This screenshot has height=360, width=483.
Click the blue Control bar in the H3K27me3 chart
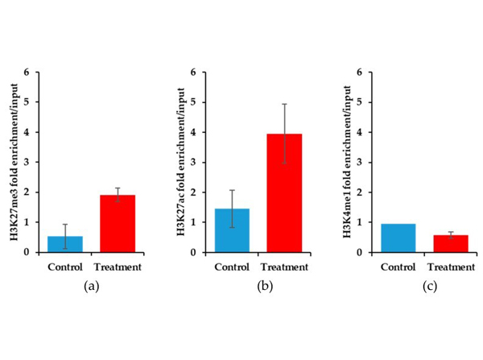(x=65, y=244)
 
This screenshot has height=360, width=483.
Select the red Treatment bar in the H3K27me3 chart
(x=118, y=224)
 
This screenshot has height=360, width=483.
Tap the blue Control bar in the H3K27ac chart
(x=232, y=230)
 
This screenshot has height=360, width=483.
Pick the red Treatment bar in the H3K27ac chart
(x=284, y=193)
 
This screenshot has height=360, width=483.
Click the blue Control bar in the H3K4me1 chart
(x=398, y=238)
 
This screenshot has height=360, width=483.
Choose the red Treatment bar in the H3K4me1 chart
(x=451, y=244)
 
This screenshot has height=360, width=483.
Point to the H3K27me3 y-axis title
(x=14, y=162)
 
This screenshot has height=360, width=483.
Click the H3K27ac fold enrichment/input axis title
(x=181, y=162)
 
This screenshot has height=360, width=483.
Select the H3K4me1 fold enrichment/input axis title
(x=348, y=162)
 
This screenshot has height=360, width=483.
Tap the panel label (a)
(x=92, y=287)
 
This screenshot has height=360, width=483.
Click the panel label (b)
(x=265, y=287)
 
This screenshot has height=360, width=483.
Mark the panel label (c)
(x=430, y=287)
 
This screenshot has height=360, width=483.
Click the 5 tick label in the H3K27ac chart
(x=193, y=102)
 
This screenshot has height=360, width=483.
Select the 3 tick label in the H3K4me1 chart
(x=360, y=163)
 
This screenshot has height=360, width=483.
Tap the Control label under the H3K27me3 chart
(x=65, y=267)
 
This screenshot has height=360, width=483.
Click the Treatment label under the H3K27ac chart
(x=284, y=267)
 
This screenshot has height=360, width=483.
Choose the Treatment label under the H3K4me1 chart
(x=451, y=267)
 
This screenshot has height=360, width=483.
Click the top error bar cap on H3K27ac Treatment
(x=284, y=104)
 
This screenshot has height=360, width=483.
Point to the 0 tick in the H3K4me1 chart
(x=360, y=252)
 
